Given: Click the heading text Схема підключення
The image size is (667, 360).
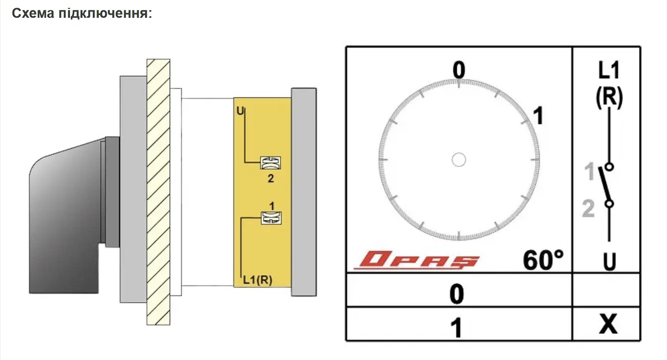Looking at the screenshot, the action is (81, 13).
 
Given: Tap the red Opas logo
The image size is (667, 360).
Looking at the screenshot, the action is (417, 260).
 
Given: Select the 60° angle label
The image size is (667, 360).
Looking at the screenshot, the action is (543, 260).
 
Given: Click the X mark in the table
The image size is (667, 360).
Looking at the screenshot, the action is (608, 324).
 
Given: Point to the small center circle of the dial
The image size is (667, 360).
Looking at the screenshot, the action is (459, 160).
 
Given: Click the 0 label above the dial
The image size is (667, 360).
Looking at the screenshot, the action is (459, 70).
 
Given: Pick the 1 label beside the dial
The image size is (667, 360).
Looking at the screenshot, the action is (539, 116).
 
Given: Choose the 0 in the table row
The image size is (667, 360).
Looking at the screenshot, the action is (457, 294).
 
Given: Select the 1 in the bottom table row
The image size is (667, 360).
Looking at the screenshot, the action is (456, 328).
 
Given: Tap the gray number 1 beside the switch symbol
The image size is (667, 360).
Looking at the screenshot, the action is (589, 171).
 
